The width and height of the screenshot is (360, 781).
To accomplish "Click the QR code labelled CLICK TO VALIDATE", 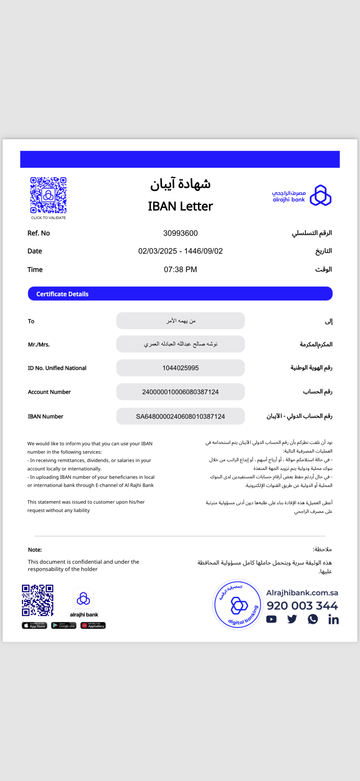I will [48, 195].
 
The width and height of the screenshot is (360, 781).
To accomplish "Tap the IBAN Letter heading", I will [180, 206].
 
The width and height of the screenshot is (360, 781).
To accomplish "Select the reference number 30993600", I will [180, 233].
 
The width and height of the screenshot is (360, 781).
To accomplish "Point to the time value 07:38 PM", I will [180, 270].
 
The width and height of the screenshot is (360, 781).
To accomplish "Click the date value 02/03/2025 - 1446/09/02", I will [180, 251].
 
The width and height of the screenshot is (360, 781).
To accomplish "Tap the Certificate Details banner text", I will [63, 294].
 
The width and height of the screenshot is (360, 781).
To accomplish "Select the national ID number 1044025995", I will [180, 368].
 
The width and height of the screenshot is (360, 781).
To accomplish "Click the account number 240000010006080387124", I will [180, 392].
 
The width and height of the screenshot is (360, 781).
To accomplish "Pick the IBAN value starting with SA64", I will [180, 416].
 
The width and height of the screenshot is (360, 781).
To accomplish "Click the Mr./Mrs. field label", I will [39, 344].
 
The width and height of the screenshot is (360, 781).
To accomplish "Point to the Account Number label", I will [49, 392].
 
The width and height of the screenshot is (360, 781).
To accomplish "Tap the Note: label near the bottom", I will [35, 550].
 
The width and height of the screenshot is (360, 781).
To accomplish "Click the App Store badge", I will [35, 625].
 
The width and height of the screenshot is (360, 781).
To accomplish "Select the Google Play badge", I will [64, 625].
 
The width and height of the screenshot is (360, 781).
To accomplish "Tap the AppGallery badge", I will [93, 625].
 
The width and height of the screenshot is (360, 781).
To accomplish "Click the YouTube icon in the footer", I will [271, 619].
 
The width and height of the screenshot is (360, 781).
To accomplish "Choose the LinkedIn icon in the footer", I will [333, 619].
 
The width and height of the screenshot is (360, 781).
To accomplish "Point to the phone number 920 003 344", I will [302, 606].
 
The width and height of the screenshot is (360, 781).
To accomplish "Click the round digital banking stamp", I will [238, 604].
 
